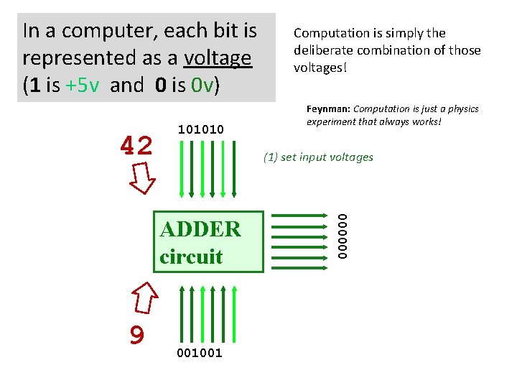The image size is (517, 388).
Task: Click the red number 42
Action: coord(136,147)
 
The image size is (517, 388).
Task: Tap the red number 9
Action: coord(137,334)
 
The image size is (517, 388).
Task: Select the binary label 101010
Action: coord(200,129)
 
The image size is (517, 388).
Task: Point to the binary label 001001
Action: coord(199,352)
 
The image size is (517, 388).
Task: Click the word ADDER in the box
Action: coord(200,230)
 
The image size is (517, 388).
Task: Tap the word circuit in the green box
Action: coord(191,257)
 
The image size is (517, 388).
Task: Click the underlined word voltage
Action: coord(218,57)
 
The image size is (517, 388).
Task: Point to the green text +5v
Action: coord(85,86)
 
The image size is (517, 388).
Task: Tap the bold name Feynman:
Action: coord(327,109)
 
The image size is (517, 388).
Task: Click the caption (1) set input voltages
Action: coord(318,157)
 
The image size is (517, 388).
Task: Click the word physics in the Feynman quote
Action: coord(462,109)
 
